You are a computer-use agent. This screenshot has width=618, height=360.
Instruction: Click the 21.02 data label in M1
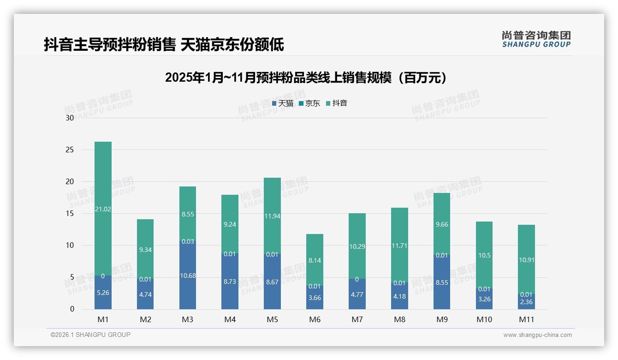pyautogui.click(x=103, y=209)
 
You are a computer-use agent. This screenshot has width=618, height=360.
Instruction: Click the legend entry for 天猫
pyautogui.click(x=283, y=103)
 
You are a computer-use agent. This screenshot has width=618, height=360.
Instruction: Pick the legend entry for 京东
pyautogui.click(x=309, y=103)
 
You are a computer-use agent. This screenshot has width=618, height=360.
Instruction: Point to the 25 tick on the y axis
pyautogui.click(x=70, y=150)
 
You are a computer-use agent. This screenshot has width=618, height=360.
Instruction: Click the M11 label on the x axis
pyautogui.click(x=526, y=319)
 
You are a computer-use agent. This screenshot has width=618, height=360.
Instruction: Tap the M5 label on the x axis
pyautogui.click(x=272, y=319)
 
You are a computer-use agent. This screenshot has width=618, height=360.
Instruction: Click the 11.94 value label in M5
pyautogui.click(x=272, y=216)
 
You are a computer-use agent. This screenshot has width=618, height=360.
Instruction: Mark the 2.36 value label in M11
pyautogui.click(x=526, y=302)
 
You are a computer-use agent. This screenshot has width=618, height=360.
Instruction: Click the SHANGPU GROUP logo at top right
pyautogui.click(x=536, y=39)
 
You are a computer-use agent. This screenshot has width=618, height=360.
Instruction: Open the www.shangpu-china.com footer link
pyautogui.click(x=537, y=335)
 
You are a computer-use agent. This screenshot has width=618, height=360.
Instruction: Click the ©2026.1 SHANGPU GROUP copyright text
pyautogui.click(x=90, y=335)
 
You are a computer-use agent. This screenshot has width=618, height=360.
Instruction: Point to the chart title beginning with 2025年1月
pyautogui.click(x=306, y=78)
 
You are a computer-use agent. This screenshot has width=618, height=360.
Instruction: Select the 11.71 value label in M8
pyautogui.click(x=399, y=246)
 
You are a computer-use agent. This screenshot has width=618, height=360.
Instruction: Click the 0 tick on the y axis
pyautogui.click(x=72, y=309)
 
